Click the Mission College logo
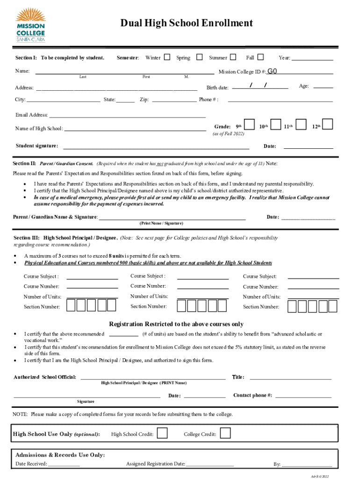click(30, 26)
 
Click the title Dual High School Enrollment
click(187, 23)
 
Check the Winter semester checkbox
click(167, 58)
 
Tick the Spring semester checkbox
click(199, 58)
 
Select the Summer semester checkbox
click(233, 58)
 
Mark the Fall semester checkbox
click(260, 58)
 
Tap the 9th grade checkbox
click(250, 124)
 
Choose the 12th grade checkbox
click(328, 124)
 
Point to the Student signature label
click(37, 145)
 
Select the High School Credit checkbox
click(162, 434)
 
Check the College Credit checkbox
click(225, 434)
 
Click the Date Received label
click(31, 464)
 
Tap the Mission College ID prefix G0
click(273, 72)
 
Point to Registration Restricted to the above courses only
click(176, 324)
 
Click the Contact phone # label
click(252, 395)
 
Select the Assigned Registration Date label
click(156, 464)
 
